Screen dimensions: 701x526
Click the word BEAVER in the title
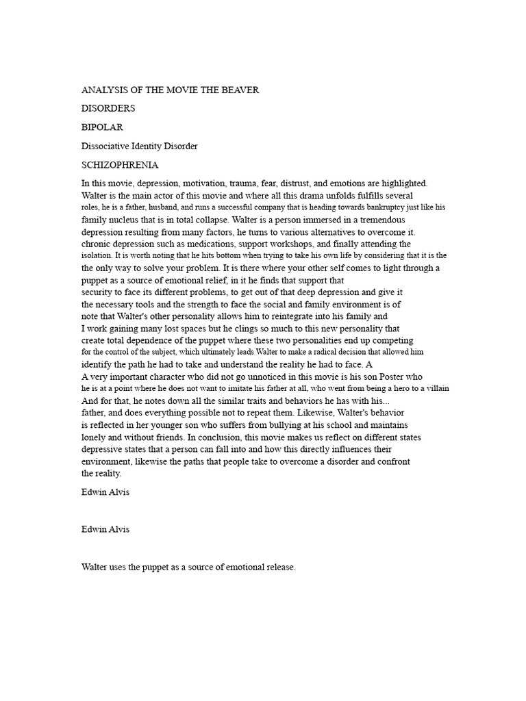[240, 90]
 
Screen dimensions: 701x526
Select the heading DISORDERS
[108, 109]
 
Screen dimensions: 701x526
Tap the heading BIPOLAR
[103, 127]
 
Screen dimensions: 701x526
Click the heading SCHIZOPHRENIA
[120, 164]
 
